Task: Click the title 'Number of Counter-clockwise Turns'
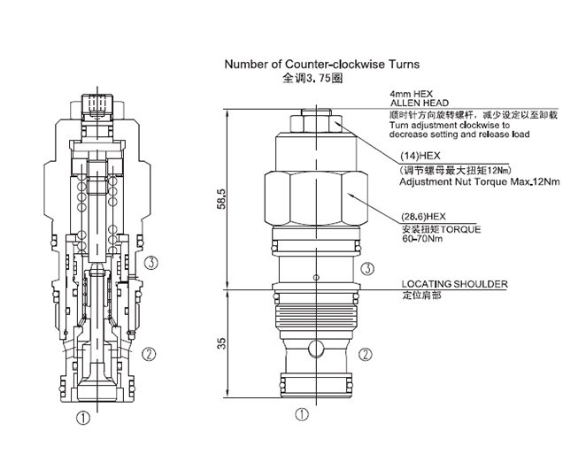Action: [321, 65]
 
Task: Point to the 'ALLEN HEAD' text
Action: [416, 104]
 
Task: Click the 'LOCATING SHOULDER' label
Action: [449, 284]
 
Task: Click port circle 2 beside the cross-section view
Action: [151, 354]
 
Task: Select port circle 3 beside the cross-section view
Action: [152, 262]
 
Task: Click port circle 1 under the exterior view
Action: [301, 413]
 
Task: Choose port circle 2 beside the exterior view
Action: [366, 353]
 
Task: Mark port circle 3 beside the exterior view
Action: [366, 268]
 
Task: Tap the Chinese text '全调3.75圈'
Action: [312, 78]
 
